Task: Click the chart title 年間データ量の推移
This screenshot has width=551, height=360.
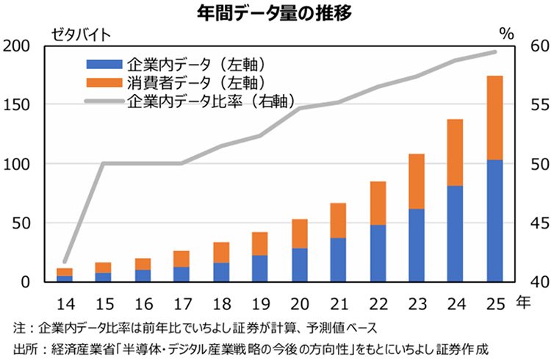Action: tap(275, 12)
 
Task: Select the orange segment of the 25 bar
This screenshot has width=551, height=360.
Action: tap(495, 118)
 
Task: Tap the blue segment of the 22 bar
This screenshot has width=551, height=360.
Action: tap(378, 253)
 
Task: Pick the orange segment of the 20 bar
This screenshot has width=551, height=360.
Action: tap(300, 234)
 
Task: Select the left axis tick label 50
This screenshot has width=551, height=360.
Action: tap(21, 223)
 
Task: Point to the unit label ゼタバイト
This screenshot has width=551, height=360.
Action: tap(80, 32)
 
